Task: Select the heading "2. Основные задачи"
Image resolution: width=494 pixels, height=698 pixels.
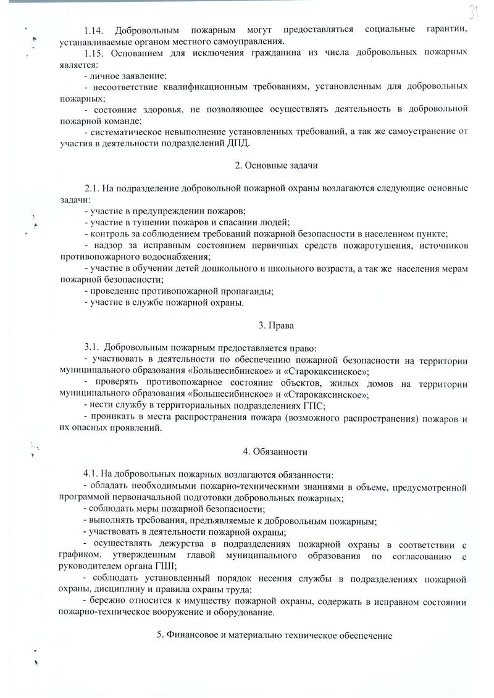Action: click(277, 165)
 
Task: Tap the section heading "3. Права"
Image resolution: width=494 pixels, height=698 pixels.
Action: click(277, 325)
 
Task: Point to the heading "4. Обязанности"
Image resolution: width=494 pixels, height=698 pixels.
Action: click(275, 451)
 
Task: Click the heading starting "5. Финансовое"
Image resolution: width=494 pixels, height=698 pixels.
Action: click(275, 635)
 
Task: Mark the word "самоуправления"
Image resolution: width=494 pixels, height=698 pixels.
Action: click(253, 41)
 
